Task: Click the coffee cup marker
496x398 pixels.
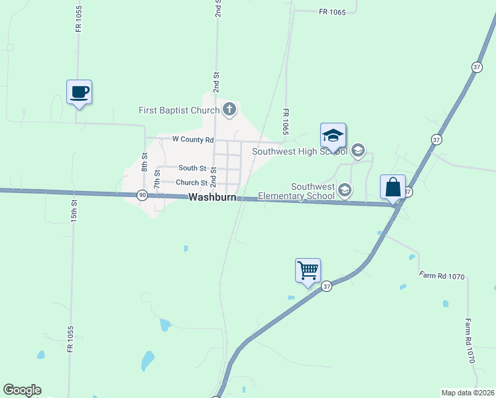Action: pyautogui.click(x=79, y=92)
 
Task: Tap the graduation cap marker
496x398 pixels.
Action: pyautogui.click(x=333, y=137)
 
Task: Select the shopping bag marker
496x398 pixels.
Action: pyautogui.click(x=393, y=188)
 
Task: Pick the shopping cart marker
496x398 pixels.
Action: pyautogui.click(x=308, y=271)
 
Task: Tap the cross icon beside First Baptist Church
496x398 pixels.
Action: pyautogui.click(x=229, y=109)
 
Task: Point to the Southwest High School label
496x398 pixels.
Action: pyautogui.click(x=300, y=151)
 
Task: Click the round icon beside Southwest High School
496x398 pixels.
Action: pyautogui.click(x=358, y=151)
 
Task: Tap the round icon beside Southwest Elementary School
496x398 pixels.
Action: pyautogui.click(x=344, y=191)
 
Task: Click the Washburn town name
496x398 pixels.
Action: pyautogui.click(x=212, y=198)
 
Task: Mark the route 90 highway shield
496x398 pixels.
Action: pyautogui.click(x=143, y=195)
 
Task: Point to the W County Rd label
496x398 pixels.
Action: pyautogui.click(x=193, y=140)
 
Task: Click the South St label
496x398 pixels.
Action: pyautogui.click(x=192, y=169)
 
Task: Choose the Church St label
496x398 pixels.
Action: pyautogui.click(x=192, y=182)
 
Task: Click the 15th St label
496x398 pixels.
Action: pyautogui.click(x=74, y=211)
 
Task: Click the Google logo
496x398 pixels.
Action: pyautogui.click(x=22, y=390)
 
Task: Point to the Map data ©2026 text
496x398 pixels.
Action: pyautogui.click(x=467, y=393)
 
